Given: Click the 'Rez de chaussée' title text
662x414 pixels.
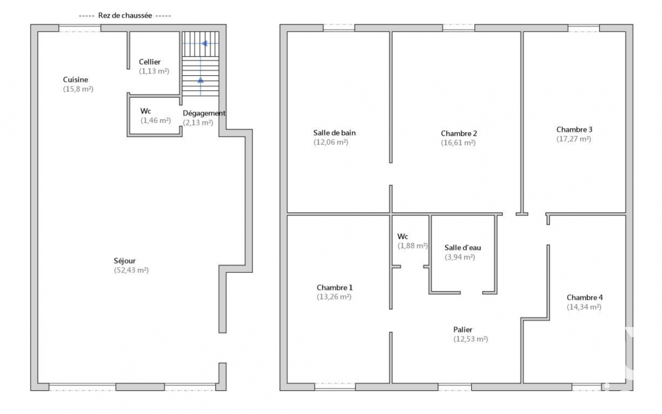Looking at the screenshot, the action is pyautogui.click(x=125, y=16).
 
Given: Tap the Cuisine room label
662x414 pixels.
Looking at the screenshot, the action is pyautogui.click(x=75, y=80).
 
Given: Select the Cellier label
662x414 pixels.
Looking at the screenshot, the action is pyautogui.click(x=150, y=62).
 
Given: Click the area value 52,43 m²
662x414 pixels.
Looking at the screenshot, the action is pyautogui.click(x=131, y=270).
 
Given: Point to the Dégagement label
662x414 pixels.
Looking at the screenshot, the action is pyautogui.click(x=204, y=113).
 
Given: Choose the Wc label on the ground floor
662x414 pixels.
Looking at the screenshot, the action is pyautogui.click(x=146, y=111).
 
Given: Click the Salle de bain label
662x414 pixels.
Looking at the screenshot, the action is pyautogui.click(x=334, y=133).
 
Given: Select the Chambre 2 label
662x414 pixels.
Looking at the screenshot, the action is pyautogui.click(x=459, y=133).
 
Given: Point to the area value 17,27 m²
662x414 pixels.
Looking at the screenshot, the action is pyautogui.click(x=573, y=139).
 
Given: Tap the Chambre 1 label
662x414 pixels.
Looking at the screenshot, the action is pyautogui.click(x=334, y=287).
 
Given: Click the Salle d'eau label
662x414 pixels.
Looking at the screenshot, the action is pyautogui.click(x=462, y=248).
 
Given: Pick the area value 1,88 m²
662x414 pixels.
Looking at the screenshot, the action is pyautogui.click(x=412, y=246).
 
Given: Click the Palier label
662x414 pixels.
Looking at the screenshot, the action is pyautogui.click(x=463, y=330).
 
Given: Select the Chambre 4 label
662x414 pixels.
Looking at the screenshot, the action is pyautogui.click(x=584, y=297).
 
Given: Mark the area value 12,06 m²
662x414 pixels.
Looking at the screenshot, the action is pyautogui.click(x=331, y=142).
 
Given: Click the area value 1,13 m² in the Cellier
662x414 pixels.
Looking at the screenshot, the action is pyautogui.click(x=154, y=71).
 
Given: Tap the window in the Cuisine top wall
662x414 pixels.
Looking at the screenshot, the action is pyautogui.click(x=80, y=28).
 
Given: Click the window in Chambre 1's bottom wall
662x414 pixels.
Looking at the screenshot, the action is pyautogui.click(x=335, y=387).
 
